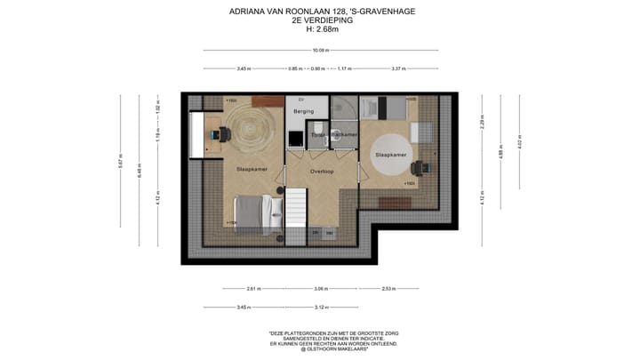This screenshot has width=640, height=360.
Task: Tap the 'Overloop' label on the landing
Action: click(321, 171)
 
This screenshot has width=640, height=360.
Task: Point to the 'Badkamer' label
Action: click(344, 134)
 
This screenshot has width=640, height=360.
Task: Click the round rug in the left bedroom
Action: click(249, 129)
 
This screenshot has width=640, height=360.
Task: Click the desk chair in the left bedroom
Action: click(222, 133)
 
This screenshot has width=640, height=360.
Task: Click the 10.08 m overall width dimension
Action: click(320, 50)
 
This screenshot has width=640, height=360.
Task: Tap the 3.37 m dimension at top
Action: click(397, 68)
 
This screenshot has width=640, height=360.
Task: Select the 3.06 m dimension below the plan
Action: click(320, 288)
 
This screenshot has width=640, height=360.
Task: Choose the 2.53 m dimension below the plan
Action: click(388, 288)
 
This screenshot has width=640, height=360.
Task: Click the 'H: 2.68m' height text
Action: click(321, 28)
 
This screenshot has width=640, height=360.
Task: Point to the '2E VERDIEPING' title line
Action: click(321, 20)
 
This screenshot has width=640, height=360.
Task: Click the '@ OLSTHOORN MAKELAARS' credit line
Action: click(332, 348)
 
